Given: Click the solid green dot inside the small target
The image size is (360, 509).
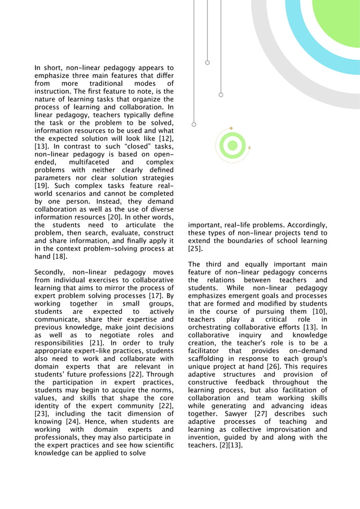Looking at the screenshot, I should pyautogui.click(x=231, y=146).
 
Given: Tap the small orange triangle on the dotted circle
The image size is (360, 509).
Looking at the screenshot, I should pyautogui.click(x=249, y=147).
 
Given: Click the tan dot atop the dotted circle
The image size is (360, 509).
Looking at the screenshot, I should pyautogui.click(x=231, y=129).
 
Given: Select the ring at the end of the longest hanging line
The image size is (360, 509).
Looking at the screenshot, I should pyautogui.click(x=194, y=124).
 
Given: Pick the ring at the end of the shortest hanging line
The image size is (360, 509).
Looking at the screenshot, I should pyautogui.click(x=208, y=62).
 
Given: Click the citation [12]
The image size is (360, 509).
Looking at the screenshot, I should pyautogui.click(x=166, y=139).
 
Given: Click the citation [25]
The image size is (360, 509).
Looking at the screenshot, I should pyautogui.click(x=195, y=248).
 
